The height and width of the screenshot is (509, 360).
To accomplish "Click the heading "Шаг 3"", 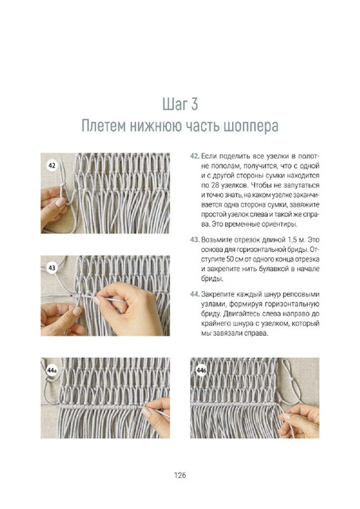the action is [180, 104].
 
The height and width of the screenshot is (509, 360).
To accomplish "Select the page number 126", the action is [180, 476].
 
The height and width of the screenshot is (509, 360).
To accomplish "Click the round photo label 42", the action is [52, 166].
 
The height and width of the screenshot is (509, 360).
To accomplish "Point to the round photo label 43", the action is [52, 268].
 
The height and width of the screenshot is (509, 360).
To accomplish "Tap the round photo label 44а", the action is [52, 371].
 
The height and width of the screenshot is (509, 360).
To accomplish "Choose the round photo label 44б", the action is [201, 371].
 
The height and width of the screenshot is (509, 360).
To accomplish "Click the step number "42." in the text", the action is [195, 156].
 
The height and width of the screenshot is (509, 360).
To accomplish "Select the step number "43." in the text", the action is [195, 240].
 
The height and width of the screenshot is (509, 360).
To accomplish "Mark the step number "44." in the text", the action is [195, 294].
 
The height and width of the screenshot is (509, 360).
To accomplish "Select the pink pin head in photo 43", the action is [72, 295].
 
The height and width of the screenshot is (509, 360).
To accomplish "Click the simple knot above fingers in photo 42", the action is [62, 185].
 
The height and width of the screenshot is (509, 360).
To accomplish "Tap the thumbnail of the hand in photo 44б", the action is [287, 416].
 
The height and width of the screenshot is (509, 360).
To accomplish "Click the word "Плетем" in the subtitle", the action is [104, 126].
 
